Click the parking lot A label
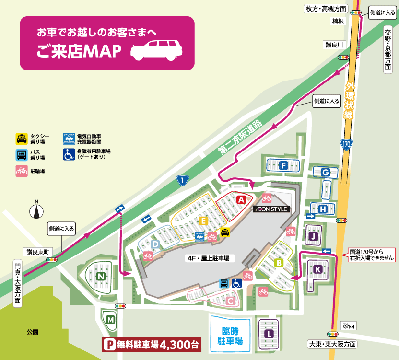241,199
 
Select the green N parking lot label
101,276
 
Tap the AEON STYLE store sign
271,209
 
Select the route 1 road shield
182,180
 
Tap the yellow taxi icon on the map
224,232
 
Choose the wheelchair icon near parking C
237,283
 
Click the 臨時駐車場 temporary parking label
230,336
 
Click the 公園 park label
33,332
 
